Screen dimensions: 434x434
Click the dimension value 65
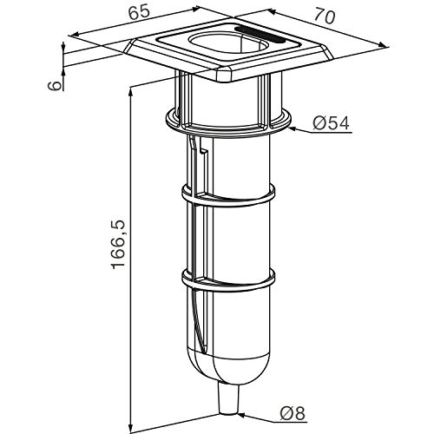[140, 13]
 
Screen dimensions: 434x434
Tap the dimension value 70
[325, 16]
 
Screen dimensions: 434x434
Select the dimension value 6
[55, 85]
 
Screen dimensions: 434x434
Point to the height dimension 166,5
[118, 245]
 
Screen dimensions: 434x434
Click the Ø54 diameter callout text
[331, 123]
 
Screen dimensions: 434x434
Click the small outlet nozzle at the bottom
[228, 400]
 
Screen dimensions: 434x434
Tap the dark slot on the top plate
[260, 35]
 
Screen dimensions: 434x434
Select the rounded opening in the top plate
[228, 44]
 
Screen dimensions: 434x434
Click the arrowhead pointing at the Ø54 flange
[294, 129]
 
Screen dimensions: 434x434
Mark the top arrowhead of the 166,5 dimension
[131, 94]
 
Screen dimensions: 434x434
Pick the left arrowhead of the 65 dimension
[75, 35]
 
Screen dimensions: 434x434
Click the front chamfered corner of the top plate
[224, 75]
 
